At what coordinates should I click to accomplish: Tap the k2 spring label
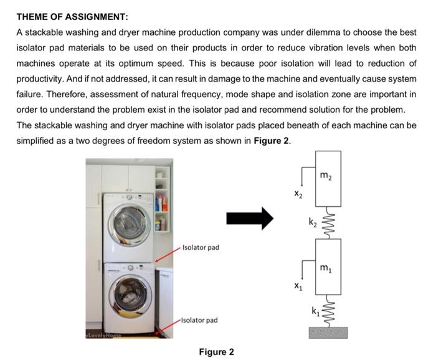pyautogui.click(x=312, y=221)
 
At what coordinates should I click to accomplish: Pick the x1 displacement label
pyautogui.click(x=298, y=287)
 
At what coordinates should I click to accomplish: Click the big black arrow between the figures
pyautogui.click(x=249, y=218)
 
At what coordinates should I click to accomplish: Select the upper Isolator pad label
pyautogui.click(x=201, y=247)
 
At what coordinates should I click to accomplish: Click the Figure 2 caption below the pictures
pyautogui.click(x=216, y=352)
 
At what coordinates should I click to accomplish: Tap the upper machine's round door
pyautogui.click(x=130, y=223)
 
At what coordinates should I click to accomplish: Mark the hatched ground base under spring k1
pyautogui.click(x=327, y=333)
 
